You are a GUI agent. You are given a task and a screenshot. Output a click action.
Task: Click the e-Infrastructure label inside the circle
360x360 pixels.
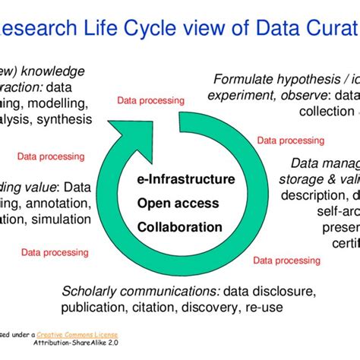click(x=185, y=180)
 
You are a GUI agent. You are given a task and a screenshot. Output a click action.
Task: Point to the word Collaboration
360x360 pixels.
click(x=179, y=226)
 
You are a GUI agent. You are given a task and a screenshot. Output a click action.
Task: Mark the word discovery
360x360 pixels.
click(x=216, y=308)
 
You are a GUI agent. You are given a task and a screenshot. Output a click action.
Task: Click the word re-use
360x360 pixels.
click(x=267, y=308)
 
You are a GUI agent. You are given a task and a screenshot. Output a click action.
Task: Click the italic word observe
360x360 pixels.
click(x=300, y=95)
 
